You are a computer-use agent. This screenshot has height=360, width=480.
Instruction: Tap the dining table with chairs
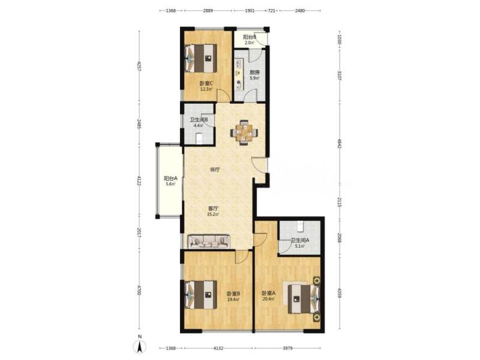(x=244, y=133)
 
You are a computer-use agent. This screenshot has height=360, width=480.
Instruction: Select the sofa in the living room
(x=209, y=241)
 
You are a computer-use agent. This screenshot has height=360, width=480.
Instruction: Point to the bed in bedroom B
(x=200, y=294)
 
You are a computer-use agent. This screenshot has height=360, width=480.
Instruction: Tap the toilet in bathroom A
(x=302, y=226)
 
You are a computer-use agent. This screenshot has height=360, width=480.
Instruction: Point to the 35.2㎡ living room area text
(x=213, y=214)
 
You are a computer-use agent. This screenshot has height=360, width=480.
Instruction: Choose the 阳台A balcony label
(x=170, y=178)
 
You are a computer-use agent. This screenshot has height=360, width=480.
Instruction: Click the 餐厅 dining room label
(x=215, y=170)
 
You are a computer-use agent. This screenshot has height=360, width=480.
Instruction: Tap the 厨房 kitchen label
(x=254, y=73)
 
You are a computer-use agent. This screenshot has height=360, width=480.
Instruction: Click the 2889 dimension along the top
(x=208, y=11)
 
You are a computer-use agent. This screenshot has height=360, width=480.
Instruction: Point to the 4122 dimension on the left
(x=139, y=180)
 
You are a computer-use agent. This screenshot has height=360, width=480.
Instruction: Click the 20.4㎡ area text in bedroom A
(x=268, y=299)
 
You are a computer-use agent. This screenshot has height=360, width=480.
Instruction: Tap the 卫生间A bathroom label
(x=300, y=241)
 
